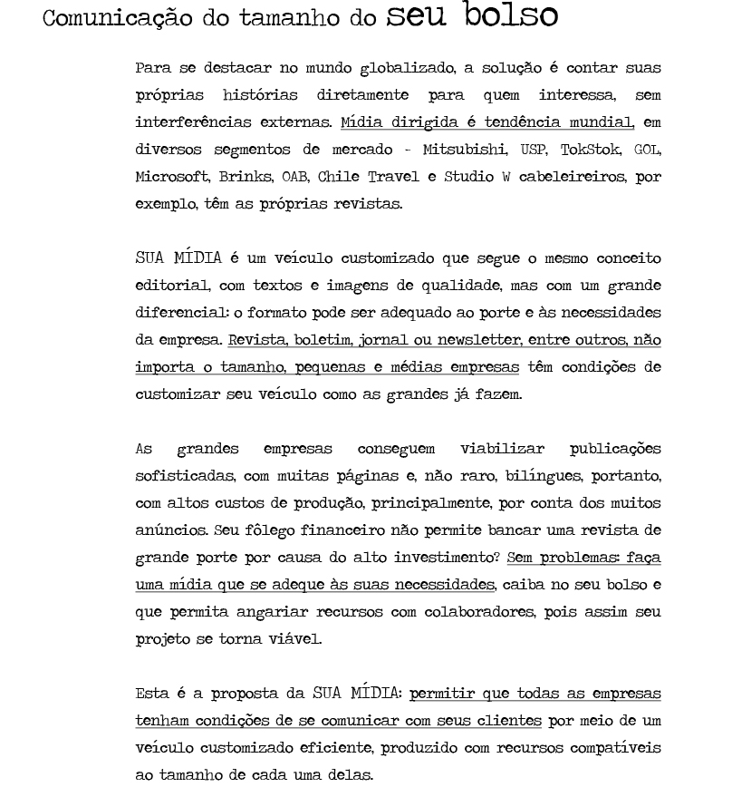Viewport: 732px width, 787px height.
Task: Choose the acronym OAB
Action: point(294,177)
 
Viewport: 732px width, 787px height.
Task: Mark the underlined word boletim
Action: point(320,340)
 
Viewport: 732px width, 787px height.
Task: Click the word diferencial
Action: point(173,313)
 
